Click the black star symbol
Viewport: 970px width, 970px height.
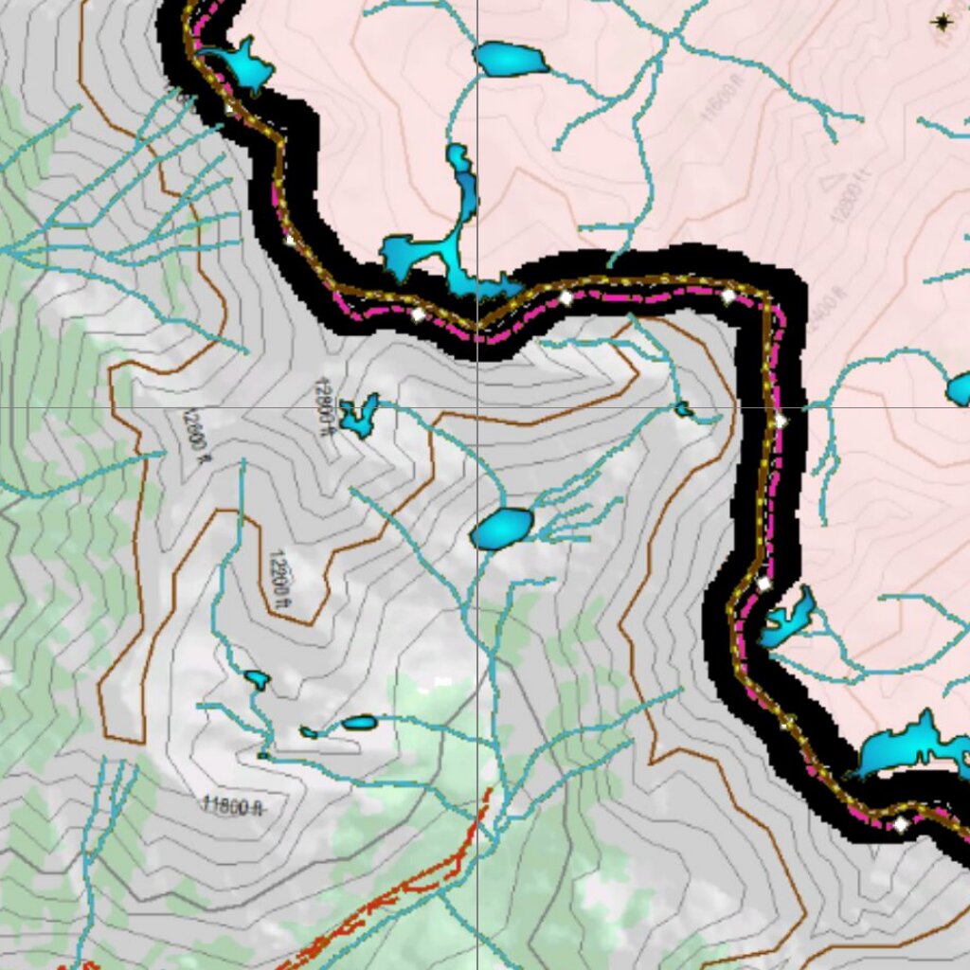coord(943,22)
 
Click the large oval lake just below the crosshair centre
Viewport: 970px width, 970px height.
coord(502,529)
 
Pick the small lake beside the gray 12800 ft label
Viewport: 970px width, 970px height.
coord(360,415)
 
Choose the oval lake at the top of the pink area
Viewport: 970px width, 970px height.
coord(511,60)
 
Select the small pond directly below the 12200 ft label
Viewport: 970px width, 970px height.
coord(256,679)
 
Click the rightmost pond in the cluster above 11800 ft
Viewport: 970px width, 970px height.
coord(360,723)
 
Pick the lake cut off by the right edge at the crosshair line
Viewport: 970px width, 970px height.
coord(960,389)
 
